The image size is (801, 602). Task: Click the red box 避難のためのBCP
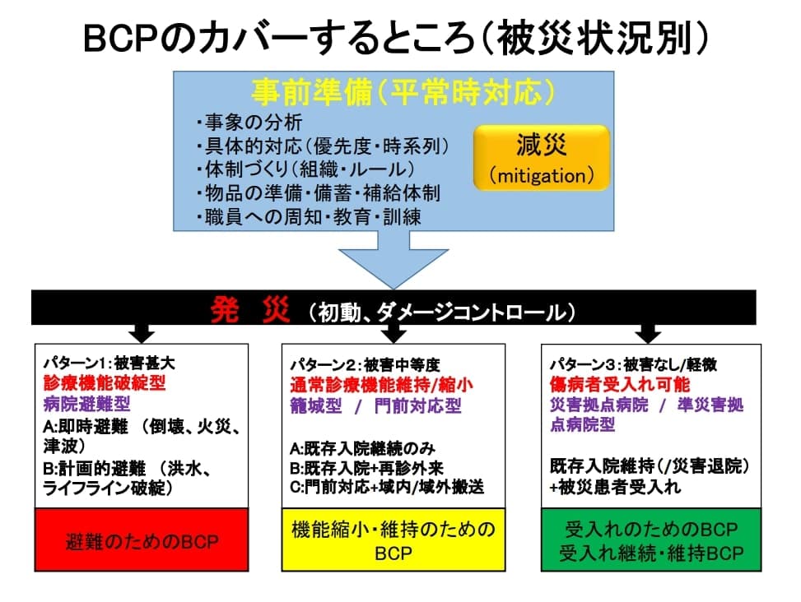(x=142, y=540)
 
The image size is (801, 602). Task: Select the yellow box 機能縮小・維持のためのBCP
(x=394, y=540)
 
